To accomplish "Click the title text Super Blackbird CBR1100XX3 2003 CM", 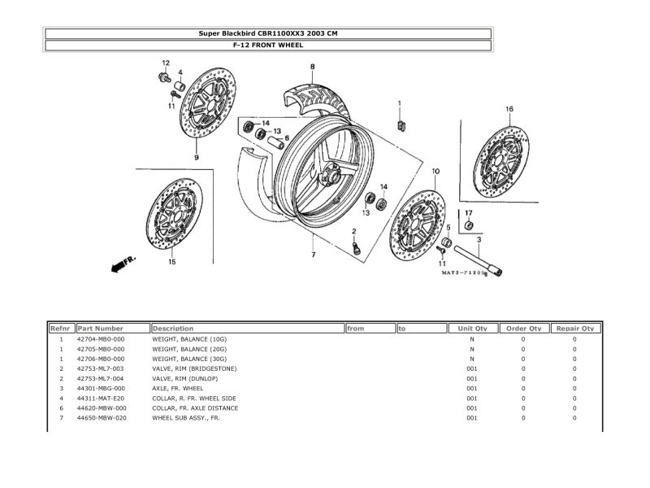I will coord(268,33).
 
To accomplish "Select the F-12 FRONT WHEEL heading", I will coord(268,46).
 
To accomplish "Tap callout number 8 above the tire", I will coord(312,67).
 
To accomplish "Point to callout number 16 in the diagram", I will coord(509,109).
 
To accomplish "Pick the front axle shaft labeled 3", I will coord(478,261).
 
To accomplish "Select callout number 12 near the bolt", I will coord(165,63).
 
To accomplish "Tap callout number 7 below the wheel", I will coord(313,255).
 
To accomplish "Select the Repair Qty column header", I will coord(574,328).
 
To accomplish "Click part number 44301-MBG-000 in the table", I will coord(101,388).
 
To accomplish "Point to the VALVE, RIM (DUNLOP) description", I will coord(191,378).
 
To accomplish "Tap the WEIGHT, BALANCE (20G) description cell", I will coord(189,348).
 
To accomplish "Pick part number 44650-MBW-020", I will coord(101,418).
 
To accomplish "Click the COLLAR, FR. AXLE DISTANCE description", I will coord(195,407).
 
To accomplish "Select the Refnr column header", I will coord(61,328).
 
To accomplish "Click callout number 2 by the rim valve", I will coord(354,231).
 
